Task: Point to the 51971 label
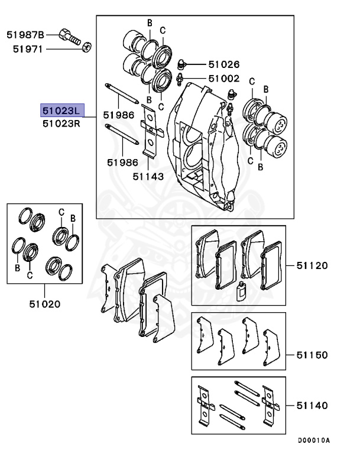26,49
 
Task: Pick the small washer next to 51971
87,48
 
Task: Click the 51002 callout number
223,78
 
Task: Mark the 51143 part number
148,176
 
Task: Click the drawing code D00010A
313,440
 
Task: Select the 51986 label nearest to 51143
122,162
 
